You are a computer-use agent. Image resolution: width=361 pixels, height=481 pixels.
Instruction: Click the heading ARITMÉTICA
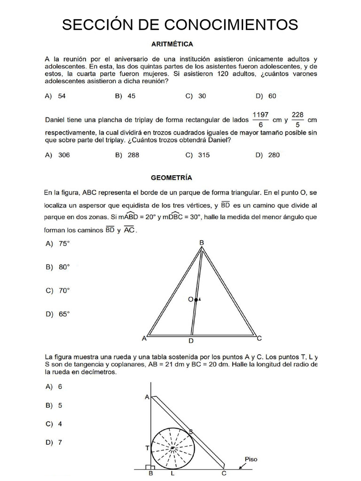[x=172, y=44]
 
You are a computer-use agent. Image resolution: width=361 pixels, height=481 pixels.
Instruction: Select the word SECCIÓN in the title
[x=94, y=24]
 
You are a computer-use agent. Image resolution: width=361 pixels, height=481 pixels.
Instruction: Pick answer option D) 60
[x=266, y=96]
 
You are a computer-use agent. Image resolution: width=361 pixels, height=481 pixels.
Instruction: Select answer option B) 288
[x=127, y=155]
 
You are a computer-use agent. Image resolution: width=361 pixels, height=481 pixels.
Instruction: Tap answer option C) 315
[x=197, y=155]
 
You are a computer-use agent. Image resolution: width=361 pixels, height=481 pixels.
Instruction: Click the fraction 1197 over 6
[x=260, y=120]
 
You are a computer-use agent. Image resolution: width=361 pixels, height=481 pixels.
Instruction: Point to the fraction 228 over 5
[x=298, y=120]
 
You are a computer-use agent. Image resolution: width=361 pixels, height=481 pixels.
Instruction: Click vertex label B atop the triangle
[x=202, y=242]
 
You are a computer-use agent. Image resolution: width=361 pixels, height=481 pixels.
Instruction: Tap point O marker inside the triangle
[x=196, y=299]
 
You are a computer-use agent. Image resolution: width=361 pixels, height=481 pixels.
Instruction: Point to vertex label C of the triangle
[x=259, y=338]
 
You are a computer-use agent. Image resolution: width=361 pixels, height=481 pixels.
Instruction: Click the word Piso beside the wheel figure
[x=251, y=459]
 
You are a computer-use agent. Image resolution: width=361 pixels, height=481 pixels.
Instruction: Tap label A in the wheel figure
[x=147, y=397]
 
